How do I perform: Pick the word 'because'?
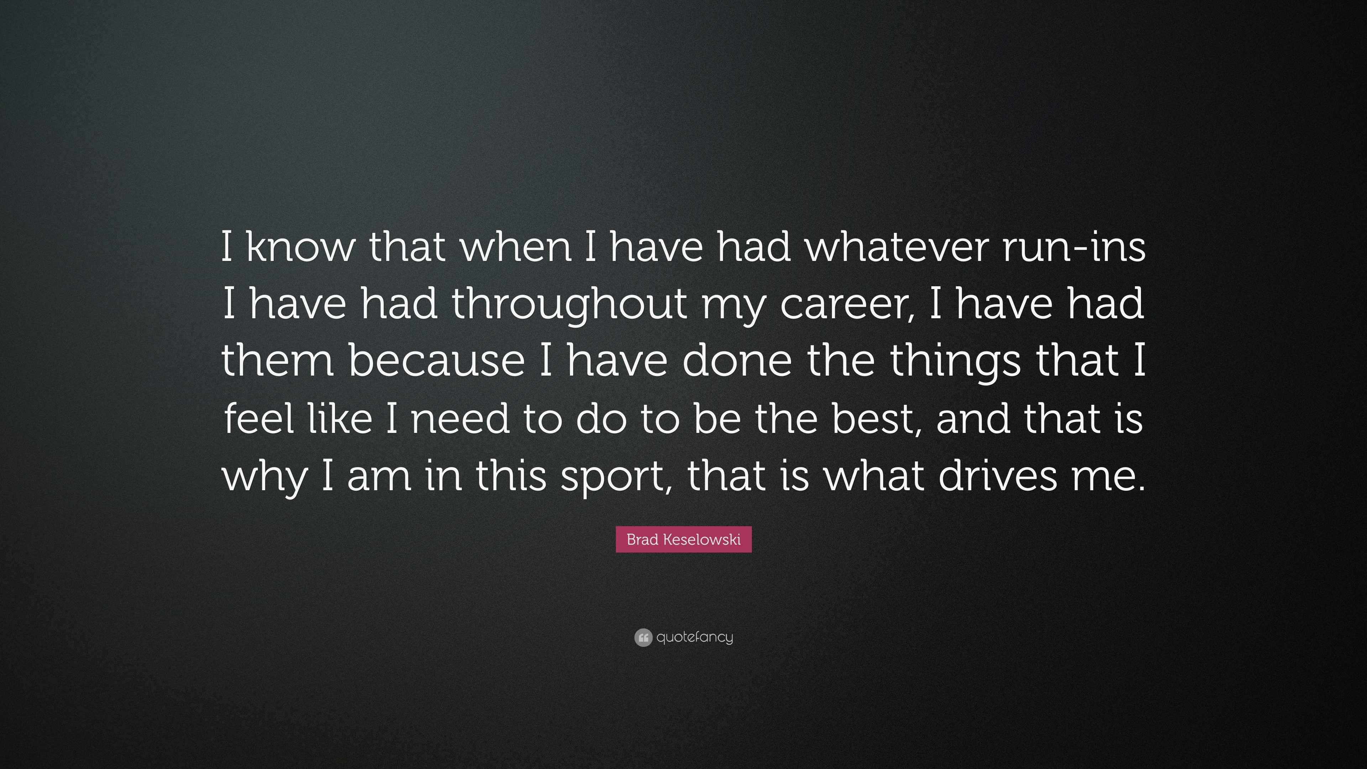(x=437, y=361)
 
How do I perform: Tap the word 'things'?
(x=955, y=361)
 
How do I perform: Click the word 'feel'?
(x=259, y=419)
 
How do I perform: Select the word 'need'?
(x=460, y=419)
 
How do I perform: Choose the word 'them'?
(x=277, y=361)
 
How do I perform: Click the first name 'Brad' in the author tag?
(x=642, y=540)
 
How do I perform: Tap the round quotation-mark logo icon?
(x=643, y=637)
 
